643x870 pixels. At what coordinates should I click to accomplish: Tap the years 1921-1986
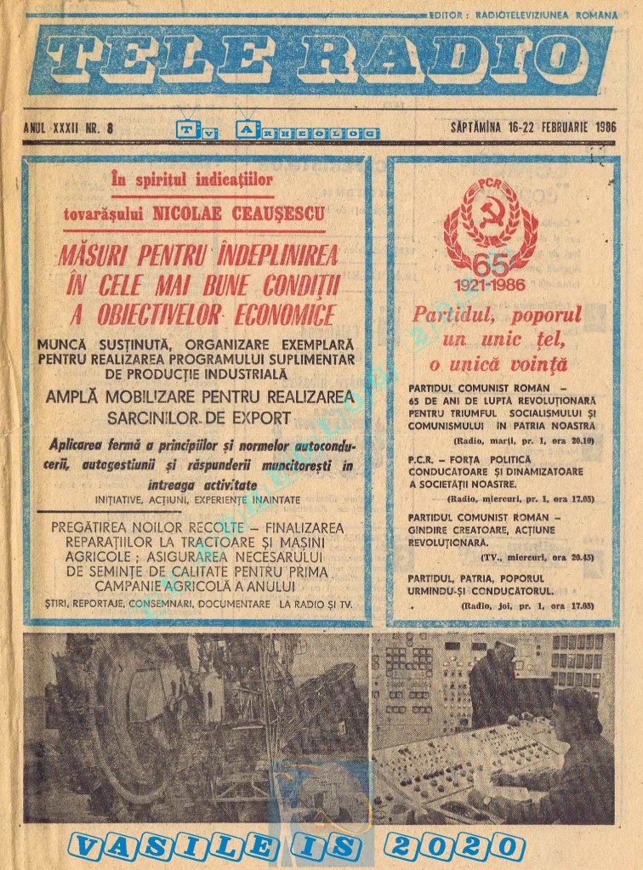491,284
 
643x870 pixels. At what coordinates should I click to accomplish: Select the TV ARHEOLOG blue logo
277,130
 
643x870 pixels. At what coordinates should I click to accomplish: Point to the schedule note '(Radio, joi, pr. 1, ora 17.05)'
528,606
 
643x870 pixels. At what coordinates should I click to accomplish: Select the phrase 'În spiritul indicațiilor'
192,179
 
